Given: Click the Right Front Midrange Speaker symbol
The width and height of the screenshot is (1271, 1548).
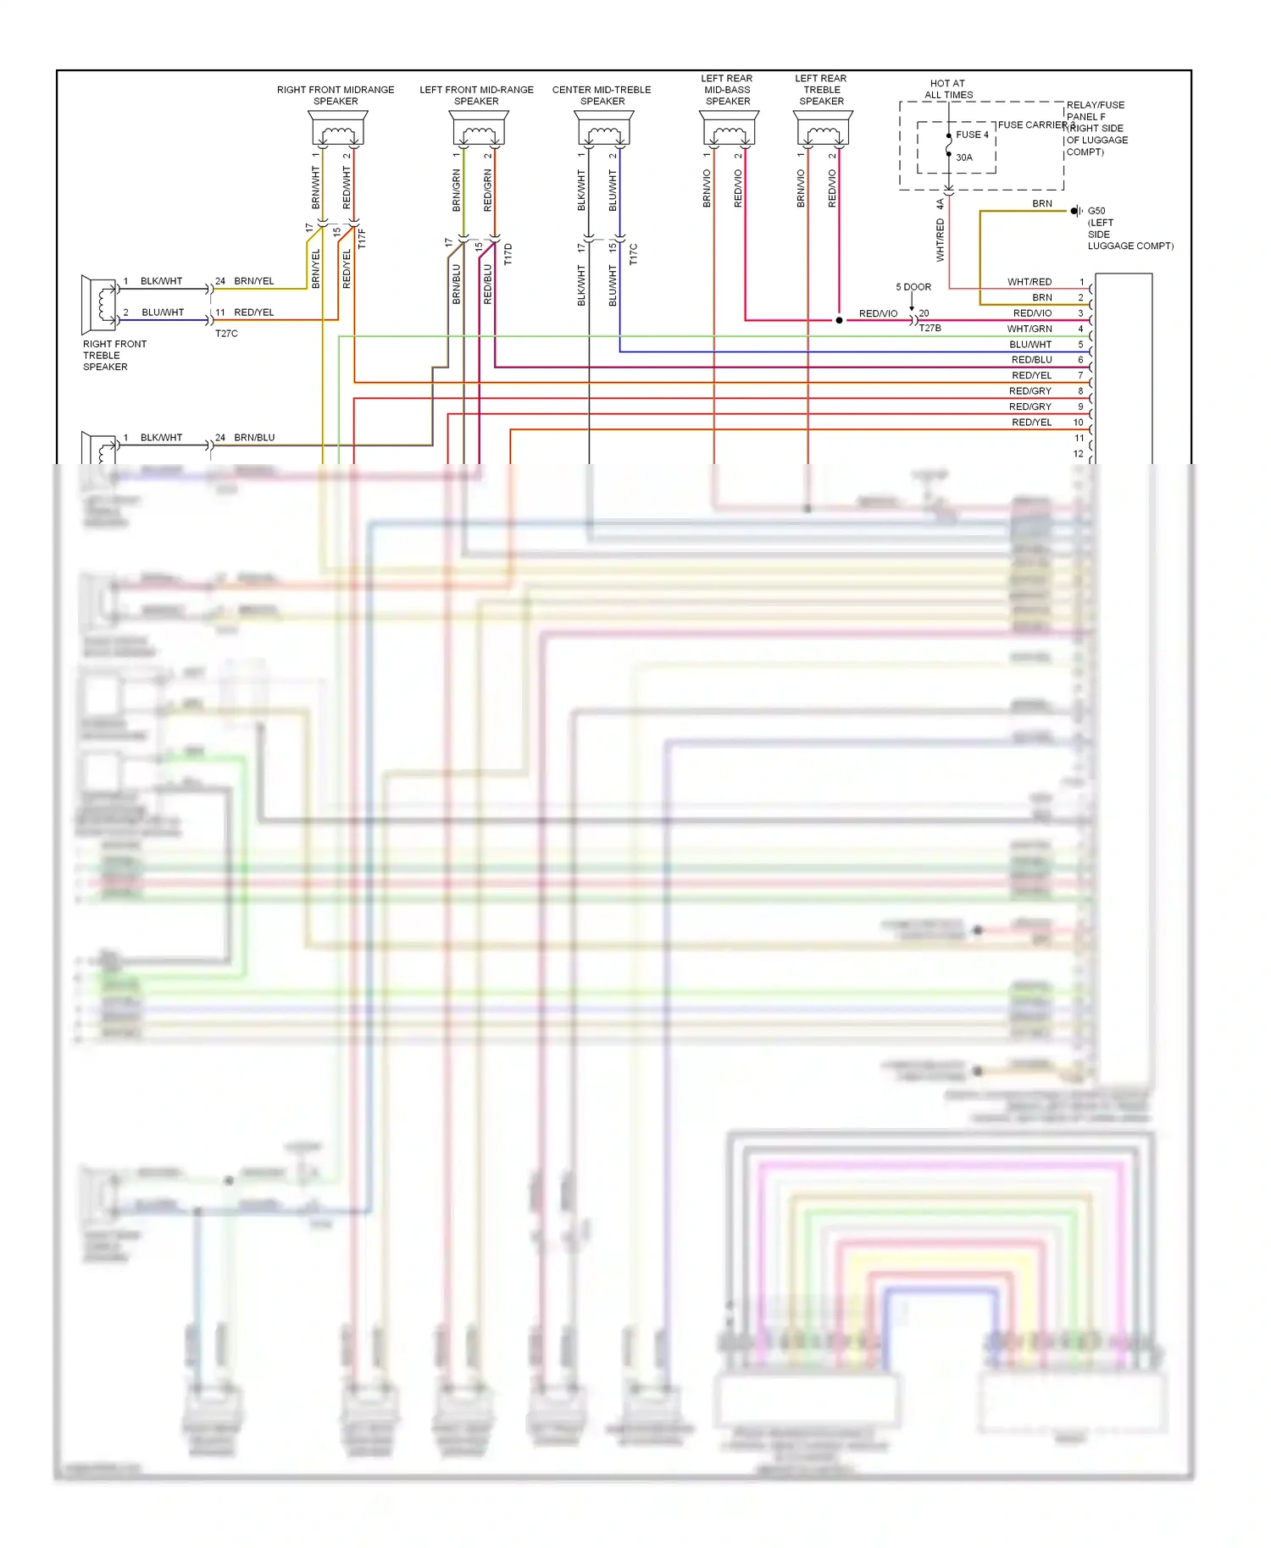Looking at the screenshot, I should (337, 130).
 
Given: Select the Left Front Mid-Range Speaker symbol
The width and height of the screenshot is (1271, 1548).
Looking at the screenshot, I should (478, 130).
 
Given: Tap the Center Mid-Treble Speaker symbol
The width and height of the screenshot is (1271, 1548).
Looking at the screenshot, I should (603, 130).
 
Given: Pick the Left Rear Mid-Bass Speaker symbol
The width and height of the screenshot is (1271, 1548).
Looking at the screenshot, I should (729, 130).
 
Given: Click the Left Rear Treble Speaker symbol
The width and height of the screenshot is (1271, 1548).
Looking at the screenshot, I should (823, 130).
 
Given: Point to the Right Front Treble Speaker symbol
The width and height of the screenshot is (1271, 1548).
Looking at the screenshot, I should (100, 304).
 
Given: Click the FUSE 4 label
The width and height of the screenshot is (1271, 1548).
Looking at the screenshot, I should (972, 135).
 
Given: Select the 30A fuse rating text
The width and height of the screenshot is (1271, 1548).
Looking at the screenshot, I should (964, 158).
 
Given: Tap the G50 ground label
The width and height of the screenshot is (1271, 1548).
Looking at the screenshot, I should (1096, 211).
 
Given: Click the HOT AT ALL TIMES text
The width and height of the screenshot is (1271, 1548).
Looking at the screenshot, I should (948, 89).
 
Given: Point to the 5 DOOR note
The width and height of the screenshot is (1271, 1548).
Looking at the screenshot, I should (913, 287).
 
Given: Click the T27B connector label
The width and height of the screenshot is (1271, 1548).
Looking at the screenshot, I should (930, 329).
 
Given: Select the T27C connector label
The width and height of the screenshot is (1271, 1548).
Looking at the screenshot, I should (226, 334).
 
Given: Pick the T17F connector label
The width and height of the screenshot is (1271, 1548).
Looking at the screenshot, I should (362, 238).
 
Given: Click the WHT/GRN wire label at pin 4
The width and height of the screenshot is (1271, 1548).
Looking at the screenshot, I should (1030, 329).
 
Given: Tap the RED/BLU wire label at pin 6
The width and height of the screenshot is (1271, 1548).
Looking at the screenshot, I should (1031, 360).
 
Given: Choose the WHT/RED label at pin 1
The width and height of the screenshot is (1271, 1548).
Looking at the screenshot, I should (1030, 282).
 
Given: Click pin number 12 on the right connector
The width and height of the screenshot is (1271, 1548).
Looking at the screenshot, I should (1079, 454).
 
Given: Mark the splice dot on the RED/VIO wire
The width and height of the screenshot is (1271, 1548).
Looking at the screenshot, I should (839, 320).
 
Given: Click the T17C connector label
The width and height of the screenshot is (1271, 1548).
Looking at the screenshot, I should (633, 254).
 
